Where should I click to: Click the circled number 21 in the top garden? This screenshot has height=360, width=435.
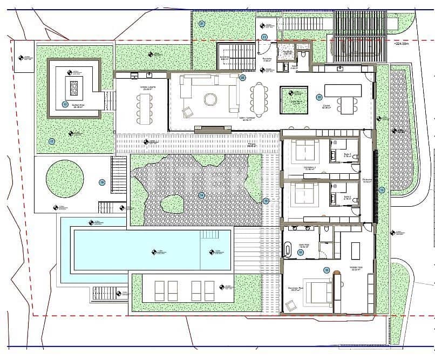[x=201, y=24]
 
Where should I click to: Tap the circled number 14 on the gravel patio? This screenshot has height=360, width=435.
[x=201, y=195]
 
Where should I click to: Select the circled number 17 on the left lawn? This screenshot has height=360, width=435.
[x=52, y=141]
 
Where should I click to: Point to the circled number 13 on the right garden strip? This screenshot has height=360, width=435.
[x=382, y=190]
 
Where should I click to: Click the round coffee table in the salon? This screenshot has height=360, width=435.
[x=209, y=100]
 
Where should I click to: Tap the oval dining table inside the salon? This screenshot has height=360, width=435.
[x=260, y=99]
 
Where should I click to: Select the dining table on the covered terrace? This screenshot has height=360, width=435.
[x=144, y=108]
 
